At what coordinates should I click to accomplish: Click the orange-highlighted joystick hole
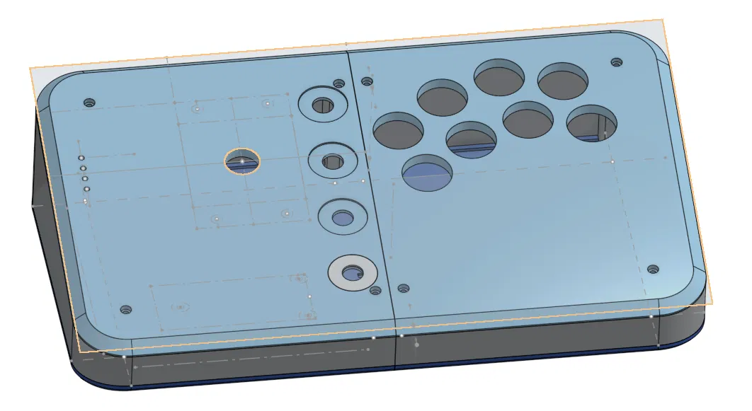point(242,161)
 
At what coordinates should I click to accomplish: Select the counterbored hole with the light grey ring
point(352,272)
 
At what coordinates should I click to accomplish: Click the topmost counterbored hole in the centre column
point(323,105)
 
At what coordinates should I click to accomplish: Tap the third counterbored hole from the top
point(342,216)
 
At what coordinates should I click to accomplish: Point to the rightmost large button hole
point(591,122)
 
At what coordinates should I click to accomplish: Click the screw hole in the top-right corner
point(616,62)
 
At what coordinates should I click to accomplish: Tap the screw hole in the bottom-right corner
point(653,270)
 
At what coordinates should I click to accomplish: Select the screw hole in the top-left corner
point(89,103)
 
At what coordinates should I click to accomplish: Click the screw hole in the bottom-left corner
point(126,310)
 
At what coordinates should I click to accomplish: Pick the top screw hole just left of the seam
point(339,84)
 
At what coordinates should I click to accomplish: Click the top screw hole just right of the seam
point(367,81)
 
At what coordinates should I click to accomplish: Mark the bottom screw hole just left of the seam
point(375,291)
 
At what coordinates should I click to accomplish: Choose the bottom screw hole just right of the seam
point(404,288)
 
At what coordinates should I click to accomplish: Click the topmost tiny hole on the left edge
point(81,158)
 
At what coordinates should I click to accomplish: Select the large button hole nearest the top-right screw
point(563,80)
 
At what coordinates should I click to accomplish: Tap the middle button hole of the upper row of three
point(499,77)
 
